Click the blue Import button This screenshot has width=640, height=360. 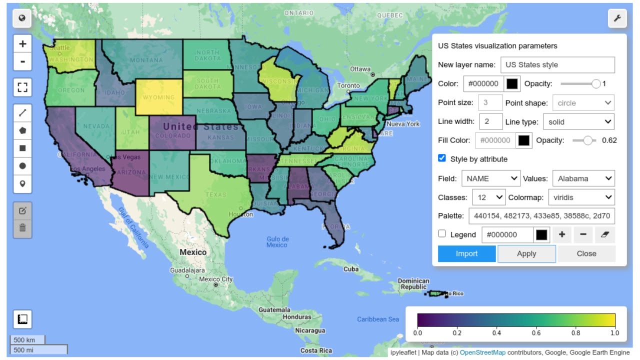466,253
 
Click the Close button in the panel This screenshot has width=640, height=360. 586,253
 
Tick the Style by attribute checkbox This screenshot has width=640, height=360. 442,158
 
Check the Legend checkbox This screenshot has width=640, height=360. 442,234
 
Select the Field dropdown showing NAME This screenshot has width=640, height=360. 490,178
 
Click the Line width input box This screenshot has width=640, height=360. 490,121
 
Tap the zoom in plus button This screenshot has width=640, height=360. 22,43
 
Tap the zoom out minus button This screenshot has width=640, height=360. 22,62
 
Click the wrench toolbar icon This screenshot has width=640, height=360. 617,18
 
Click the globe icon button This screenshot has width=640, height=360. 22,18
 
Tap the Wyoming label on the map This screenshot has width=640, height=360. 159,97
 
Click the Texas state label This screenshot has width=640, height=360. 215,194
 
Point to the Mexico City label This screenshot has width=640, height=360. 216,279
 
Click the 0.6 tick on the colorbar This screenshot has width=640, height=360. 536,332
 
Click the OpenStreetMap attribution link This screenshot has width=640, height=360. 482,352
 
